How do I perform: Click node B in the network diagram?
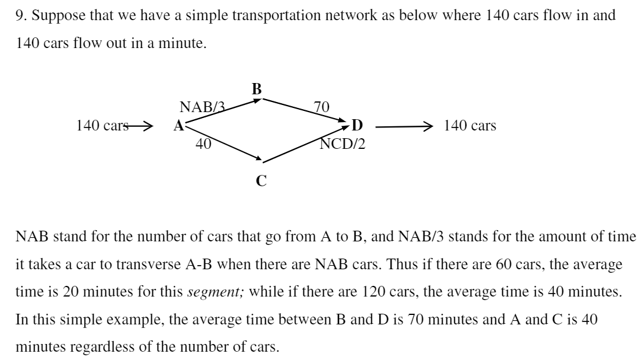(256, 90)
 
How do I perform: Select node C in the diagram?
(261, 181)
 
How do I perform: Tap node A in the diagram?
(178, 126)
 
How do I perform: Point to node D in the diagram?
(357, 126)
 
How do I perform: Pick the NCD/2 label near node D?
(343, 143)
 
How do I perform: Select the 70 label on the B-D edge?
(321, 107)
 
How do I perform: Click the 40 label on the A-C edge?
(203, 143)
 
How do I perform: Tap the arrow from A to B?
(222, 111)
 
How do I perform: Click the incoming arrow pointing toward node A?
(140, 126)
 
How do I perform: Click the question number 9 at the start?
(18, 16)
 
